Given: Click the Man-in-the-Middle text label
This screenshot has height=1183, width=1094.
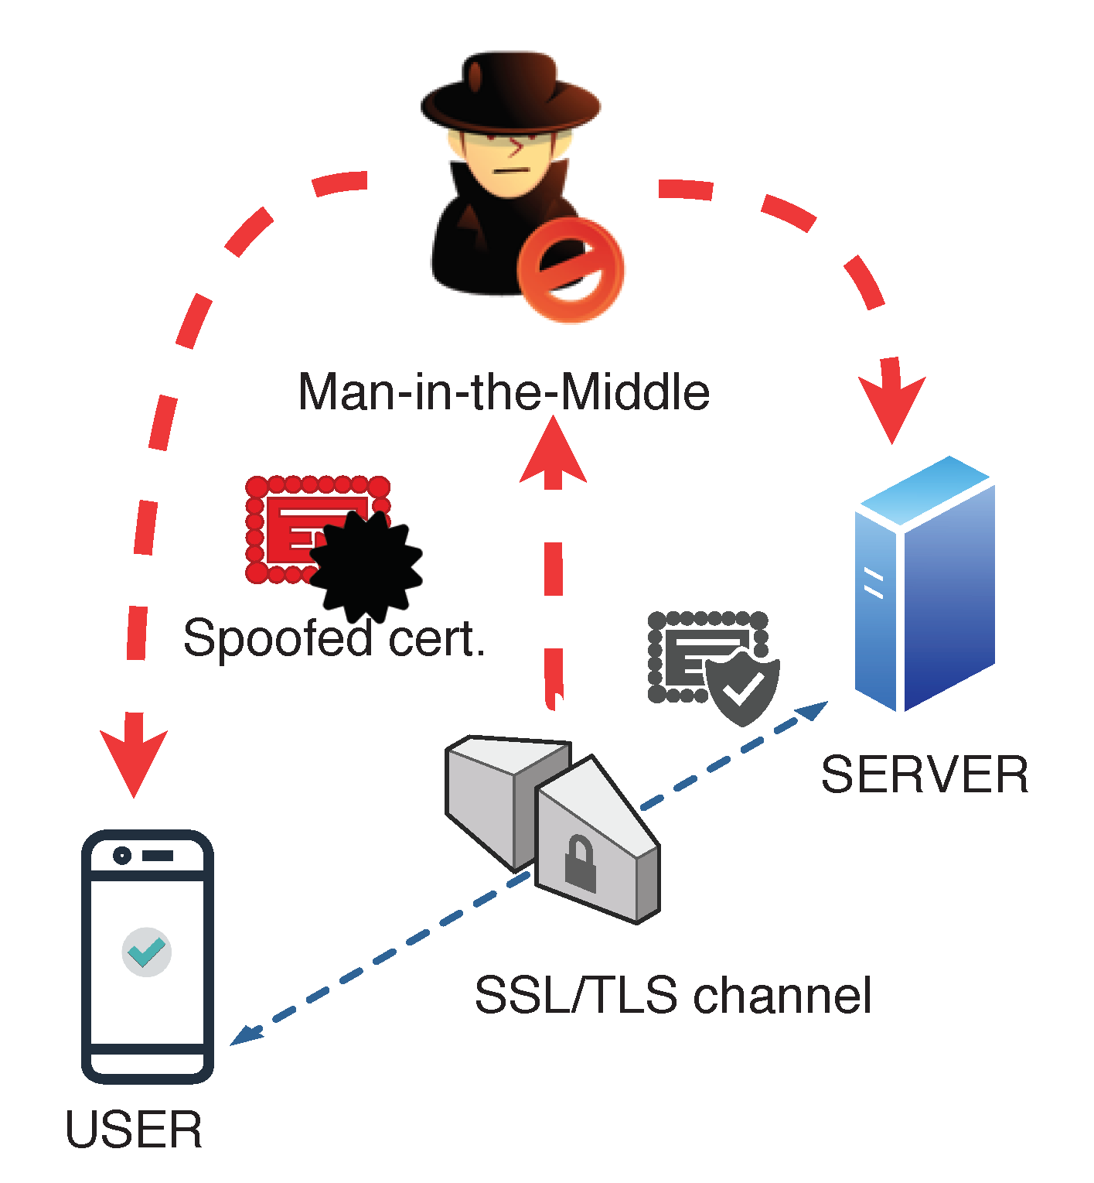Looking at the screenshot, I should point(503,392).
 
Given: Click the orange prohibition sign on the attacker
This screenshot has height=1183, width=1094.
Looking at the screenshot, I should point(571,269).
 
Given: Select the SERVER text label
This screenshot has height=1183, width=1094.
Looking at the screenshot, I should point(924,774).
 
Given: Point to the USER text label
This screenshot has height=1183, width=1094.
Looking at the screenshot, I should point(134,1130).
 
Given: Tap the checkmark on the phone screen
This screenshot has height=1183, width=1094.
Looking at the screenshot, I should point(146,952).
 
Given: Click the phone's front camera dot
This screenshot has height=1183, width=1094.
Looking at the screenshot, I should point(121,856).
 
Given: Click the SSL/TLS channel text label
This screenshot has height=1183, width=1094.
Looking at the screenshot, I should point(673,995).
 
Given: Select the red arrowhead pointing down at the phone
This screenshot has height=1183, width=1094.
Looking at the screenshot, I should point(134,758).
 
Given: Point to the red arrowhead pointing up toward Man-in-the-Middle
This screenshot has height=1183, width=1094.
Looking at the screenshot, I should point(553,453).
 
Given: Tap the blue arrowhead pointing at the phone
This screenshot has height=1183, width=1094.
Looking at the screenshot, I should point(246,1035).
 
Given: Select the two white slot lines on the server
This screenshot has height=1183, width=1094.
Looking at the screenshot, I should point(874,584).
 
